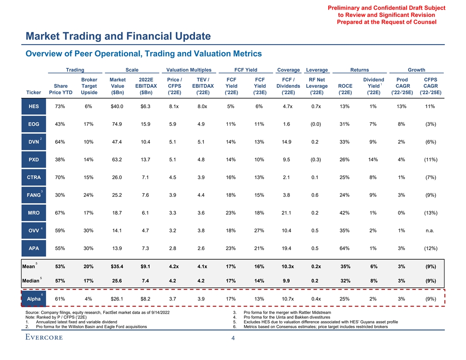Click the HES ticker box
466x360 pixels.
click(x=34, y=106)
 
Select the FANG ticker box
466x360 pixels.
click(x=34, y=195)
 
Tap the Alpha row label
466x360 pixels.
click(x=34, y=299)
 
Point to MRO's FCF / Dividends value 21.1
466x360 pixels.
click(x=286, y=213)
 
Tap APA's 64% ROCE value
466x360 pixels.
click(x=345, y=248)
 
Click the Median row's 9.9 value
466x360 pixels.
click(x=286, y=281)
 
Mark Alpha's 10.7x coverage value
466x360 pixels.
click(x=286, y=299)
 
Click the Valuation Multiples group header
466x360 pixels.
click(x=186, y=70)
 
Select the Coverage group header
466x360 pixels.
click(x=288, y=70)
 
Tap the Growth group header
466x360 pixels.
click(x=416, y=70)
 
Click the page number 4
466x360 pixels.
click(x=233, y=338)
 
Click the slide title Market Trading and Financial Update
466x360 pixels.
click(x=118, y=36)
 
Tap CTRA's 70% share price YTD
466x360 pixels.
click(x=60, y=177)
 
